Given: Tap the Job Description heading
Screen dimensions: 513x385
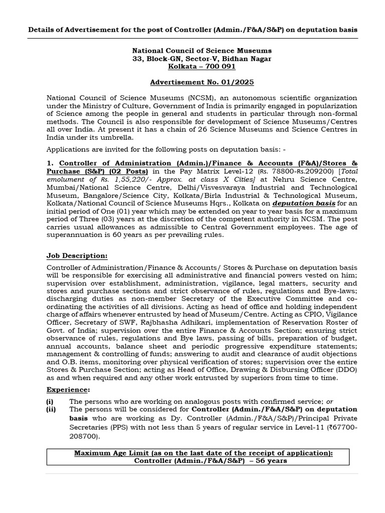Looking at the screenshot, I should pyautogui.click(x=77, y=255).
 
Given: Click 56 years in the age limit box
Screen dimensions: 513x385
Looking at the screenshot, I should pyautogui.click(x=271, y=460).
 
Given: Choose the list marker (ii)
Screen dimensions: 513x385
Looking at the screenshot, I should pyautogui.click(x=51, y=409).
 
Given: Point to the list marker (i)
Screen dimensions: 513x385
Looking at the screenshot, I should pyautogui.click(x=50, y=401).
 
